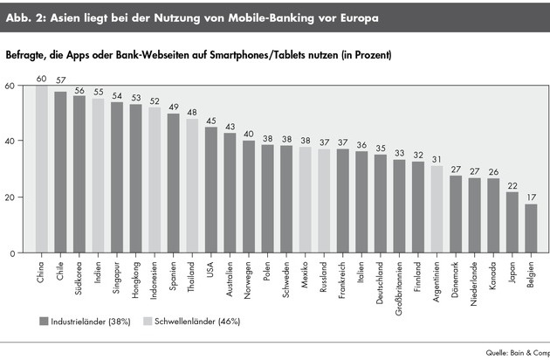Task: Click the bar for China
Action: [x=41, y=170]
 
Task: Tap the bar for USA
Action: [x=210, y=190]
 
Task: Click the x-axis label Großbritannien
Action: [x=399, y=287]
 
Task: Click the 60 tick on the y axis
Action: [x=10, y=86]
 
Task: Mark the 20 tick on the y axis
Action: [x=10, y=197]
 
